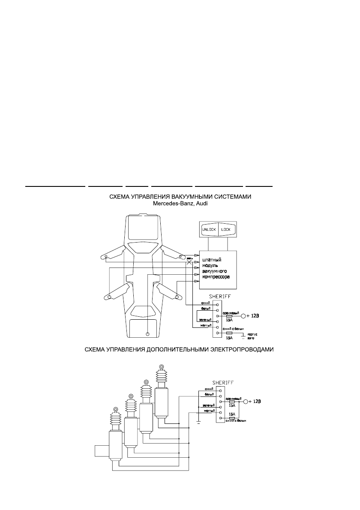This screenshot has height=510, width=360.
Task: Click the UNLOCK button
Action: (209, 229)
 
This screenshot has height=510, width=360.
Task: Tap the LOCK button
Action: (226, 229)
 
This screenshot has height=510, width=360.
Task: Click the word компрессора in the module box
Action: (216, 277)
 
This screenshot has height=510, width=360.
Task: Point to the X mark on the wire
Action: (189, 264)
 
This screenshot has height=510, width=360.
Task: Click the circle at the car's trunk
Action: (147, 333)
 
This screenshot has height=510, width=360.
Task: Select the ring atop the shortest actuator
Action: (115, 409)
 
